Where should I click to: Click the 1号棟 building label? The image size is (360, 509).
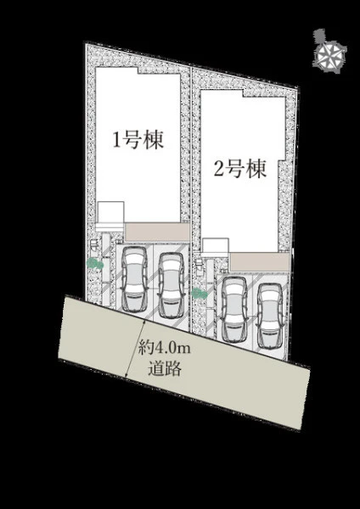click(138, 141)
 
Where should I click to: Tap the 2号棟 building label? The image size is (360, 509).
click(239, 169)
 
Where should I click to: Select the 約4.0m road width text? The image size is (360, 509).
click(164, 349)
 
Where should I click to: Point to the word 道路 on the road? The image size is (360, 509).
click(165, 369)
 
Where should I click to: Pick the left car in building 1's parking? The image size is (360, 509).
click(134, 278)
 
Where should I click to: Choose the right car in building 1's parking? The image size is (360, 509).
click(172, 285)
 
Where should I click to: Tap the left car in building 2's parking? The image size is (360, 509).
click(234, 309)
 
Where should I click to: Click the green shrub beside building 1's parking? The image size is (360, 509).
click(95, 263)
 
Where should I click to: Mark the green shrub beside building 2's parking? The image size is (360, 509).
click(200, 294)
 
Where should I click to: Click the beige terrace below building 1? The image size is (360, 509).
click(157, 232)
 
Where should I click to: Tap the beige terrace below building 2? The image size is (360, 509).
click(260, 261)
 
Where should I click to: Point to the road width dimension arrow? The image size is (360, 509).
click(135, 348)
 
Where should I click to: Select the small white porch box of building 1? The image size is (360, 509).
click(110, 212)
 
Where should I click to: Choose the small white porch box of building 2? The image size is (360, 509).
click(215, 246)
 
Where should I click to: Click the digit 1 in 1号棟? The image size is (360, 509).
click(116, 142)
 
